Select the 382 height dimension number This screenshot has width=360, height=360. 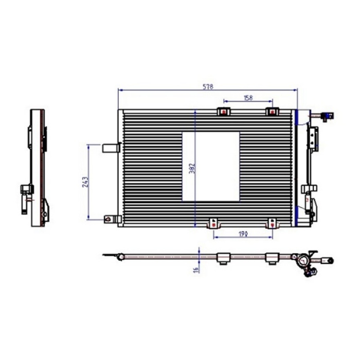[x=191, y=169]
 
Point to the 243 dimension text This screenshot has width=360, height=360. [x=85, y=182]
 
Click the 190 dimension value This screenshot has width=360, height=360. [x=243, y=233]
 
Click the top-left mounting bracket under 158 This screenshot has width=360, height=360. [x=224, y=112]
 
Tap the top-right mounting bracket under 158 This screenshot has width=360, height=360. [x=271, y=112]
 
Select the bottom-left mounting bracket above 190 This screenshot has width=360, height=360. [x=213, y=223]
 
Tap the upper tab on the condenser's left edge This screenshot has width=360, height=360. [x=111, y=148]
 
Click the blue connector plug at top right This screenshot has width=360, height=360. [x=327, y=117]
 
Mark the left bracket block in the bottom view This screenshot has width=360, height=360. [x=223, y=259]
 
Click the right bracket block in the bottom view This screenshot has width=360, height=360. [x=272, y=259]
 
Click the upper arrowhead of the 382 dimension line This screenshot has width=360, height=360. [x=195, y=112]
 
